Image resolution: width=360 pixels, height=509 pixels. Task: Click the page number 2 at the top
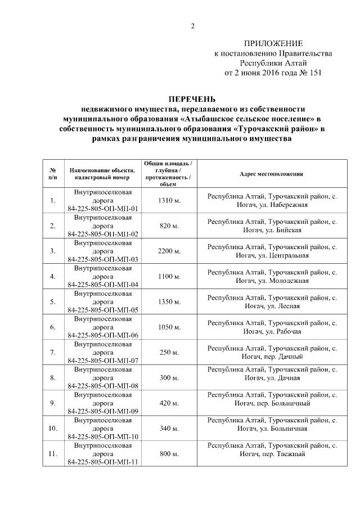(x=193, y=26)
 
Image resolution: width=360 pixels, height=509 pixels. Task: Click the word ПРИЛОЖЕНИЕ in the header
(x=273, y=44)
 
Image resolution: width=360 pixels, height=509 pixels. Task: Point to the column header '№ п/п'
(x=52, y=174)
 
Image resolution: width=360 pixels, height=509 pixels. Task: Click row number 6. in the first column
(x=52, y=327)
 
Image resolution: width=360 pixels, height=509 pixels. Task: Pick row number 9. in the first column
(x=52, y=403)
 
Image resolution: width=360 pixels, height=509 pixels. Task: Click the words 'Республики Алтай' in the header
(x=273, y=63)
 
